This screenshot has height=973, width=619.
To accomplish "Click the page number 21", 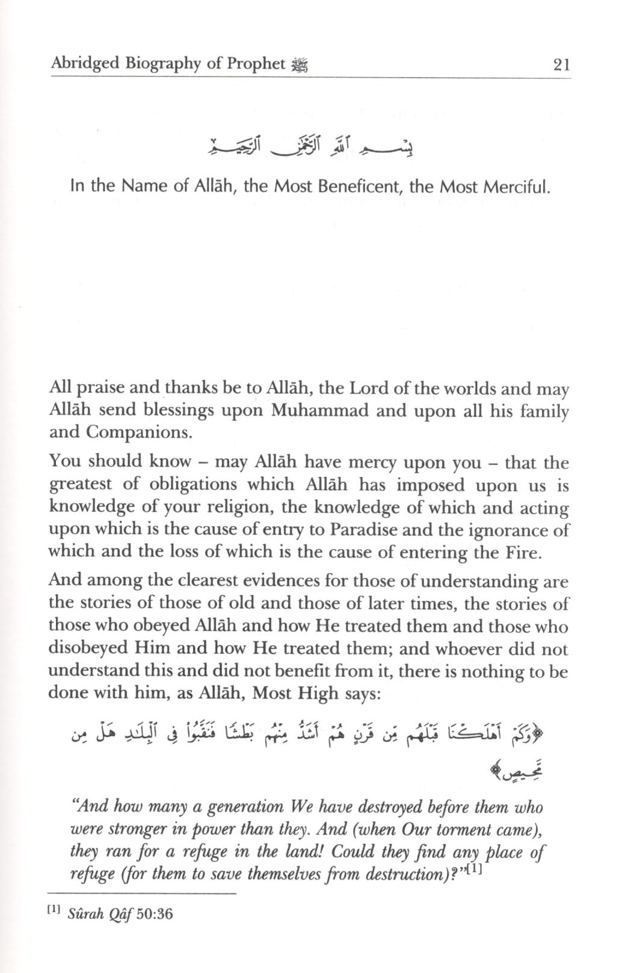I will point(561,64).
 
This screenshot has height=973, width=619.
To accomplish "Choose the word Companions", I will point(138,433).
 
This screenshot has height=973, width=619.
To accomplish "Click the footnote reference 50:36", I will point(155,914).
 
